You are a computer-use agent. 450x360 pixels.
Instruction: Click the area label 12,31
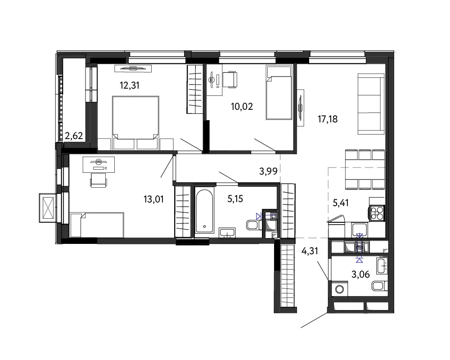[130, 85]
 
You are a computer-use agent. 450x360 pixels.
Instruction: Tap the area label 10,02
[242, 107]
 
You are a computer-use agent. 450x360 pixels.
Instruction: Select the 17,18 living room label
[328, 119]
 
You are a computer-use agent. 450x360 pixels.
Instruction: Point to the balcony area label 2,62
[74, 135]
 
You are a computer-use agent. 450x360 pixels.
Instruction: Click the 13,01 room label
[153, 199]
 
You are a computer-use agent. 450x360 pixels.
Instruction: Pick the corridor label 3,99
[268, 171]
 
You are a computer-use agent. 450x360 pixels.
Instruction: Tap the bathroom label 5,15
[235, 198]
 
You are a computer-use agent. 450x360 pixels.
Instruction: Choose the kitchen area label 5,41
[341, 203]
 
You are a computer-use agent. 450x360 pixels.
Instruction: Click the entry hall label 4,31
[310, 251]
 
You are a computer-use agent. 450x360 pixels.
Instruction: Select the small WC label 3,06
[361, 274]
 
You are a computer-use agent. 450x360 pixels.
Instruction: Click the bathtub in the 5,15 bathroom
[204, 211]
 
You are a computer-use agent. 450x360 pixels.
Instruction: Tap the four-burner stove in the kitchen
[377, 213]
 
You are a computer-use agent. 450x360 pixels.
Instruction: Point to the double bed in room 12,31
[135, 122]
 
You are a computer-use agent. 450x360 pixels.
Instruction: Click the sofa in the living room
[371, 104]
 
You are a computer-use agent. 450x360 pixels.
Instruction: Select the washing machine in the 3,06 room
[339, 289]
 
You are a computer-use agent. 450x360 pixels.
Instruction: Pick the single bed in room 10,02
[279, 92]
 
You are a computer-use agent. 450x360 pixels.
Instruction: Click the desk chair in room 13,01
[99, 180]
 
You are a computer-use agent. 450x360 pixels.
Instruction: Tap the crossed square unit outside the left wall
[47, 207]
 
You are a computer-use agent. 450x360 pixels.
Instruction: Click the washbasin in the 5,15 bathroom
[227, 233]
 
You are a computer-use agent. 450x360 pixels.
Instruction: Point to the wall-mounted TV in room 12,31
[133, 68]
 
